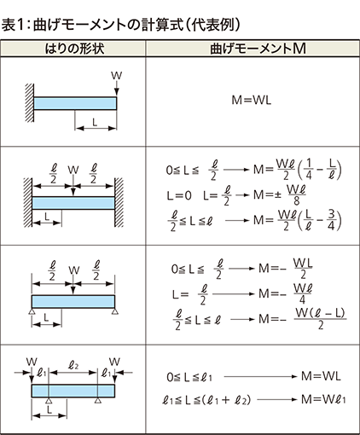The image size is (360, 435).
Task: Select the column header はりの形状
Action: (x=74, y=49)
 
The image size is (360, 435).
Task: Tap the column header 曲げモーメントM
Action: (x=258, y=49)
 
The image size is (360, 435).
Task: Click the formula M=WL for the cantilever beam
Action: (x=252, y=100)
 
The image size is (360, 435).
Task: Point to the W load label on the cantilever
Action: (x=116, y=76)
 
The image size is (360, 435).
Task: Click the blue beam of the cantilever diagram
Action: (x=75, y=103)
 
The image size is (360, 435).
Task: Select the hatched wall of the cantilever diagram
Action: (x=29, y=103)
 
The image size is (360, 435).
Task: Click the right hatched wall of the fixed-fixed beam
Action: (x=119, y=202)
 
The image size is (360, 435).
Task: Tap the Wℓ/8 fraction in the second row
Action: (x=296, y=195)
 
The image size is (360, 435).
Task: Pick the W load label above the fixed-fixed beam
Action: (x=73, y=170)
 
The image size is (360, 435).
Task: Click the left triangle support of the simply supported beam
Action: (x=32, y=312)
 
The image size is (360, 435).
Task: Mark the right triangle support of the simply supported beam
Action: (x=115, y=312)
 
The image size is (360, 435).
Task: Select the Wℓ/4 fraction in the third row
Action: (x=303, y=293)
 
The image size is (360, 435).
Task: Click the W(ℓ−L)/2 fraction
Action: (x=320, y=319)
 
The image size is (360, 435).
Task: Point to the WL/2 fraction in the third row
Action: (x=303, y=269)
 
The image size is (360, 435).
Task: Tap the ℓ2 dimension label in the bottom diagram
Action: (x=73, y=365)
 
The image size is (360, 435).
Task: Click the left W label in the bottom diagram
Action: (x=32, y=362)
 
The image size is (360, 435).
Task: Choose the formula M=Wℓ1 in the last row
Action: (x=323, y=399)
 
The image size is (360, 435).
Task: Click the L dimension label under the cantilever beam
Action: (x=95, y=122)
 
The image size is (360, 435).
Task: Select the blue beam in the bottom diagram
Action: (x=73, y=391)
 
